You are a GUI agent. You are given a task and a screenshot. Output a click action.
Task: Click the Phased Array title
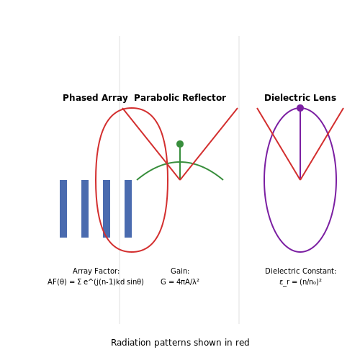coord(95,98)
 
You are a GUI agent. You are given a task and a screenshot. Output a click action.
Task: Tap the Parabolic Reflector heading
coord(180,98)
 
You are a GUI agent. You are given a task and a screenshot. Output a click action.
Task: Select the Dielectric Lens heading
coord(300,98)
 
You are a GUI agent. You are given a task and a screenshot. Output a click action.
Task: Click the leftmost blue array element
coord(63,209)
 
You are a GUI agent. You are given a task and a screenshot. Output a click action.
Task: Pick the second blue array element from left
coord(85,209)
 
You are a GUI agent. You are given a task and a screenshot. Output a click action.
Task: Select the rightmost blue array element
coord(128,209)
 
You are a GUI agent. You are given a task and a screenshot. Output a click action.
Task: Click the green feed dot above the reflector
coord(180,144)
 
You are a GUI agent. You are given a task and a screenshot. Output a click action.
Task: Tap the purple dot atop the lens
coord(300,108)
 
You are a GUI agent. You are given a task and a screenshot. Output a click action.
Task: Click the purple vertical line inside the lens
coord(300,143)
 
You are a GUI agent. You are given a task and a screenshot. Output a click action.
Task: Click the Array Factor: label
coord(96,271)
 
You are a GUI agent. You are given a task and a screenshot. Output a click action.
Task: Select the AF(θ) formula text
coord(96,282)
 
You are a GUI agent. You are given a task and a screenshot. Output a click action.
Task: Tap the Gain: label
coord(180,271)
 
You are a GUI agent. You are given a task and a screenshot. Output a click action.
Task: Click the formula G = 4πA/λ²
coord(180,282)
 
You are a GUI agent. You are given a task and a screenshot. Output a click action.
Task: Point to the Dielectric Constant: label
coord(300,271)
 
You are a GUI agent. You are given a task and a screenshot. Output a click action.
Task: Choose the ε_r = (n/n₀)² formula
coord(300,282)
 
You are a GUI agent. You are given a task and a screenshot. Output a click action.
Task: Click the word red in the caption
coord(243,343)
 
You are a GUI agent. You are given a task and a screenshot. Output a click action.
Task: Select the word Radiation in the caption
coord(131,343)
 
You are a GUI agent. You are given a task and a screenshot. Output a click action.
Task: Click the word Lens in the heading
coord(325,98)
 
